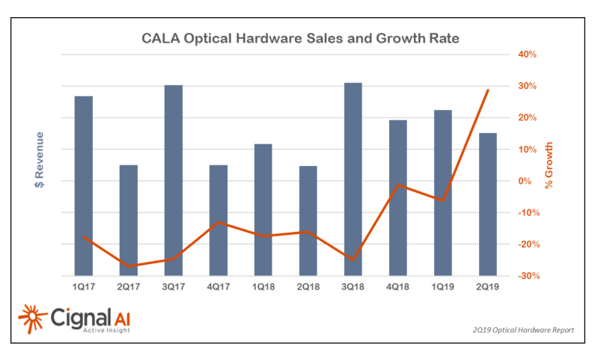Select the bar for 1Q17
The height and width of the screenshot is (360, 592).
click(x=84, y=185)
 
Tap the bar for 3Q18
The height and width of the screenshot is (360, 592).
click(x=353, y=179)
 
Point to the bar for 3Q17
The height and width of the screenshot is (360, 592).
click(x=174, y=180)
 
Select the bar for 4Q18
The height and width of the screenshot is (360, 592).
click(x=397, y=198)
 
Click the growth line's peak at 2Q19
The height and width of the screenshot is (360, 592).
click(x=488, y=91)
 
